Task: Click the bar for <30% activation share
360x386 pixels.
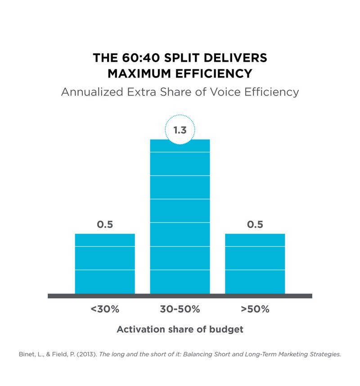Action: [105, 263]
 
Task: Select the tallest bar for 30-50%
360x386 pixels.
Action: [180, 216]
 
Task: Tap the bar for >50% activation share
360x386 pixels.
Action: [255, 263]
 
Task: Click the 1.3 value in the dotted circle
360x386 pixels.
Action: [180, 130]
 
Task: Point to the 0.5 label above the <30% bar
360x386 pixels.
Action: [105, 224]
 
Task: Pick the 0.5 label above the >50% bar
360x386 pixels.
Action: [255, 224]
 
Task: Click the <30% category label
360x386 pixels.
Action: [105, 309]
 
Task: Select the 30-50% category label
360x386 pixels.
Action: [180, 309]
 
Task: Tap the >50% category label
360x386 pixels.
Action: [255, 309]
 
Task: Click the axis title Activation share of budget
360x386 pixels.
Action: [180, 329]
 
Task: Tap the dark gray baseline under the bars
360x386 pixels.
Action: [180, 296]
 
